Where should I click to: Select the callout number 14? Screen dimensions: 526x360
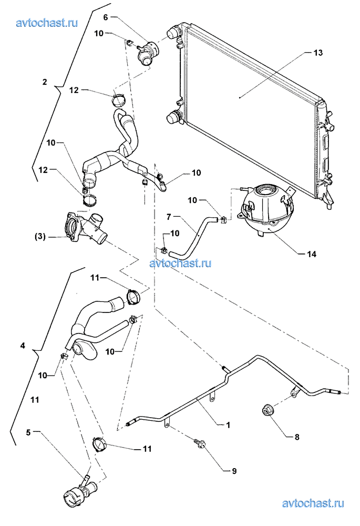312,254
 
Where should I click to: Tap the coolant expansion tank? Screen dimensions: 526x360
266,211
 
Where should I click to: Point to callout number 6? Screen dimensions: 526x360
105,17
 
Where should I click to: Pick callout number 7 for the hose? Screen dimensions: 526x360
169,216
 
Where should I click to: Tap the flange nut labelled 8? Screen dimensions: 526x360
267,410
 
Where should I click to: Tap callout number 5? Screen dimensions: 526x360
30,433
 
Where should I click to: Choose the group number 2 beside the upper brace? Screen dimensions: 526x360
45,83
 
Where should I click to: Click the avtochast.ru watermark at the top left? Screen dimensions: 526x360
47,23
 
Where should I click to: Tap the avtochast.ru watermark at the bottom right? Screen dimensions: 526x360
313,504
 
